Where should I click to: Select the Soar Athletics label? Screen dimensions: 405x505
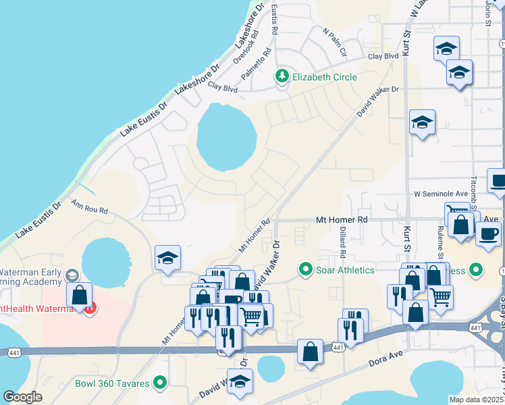click(346, 270)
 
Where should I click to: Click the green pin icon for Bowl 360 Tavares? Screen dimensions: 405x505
click(160, 383)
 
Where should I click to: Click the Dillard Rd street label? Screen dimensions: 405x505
click(343, 246)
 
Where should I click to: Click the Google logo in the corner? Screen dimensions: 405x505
click(22, 397)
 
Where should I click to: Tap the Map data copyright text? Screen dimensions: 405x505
click(476, 400)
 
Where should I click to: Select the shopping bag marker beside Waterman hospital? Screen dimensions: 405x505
click(80, 295)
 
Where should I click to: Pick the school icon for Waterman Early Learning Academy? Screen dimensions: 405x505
click(72, 275)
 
